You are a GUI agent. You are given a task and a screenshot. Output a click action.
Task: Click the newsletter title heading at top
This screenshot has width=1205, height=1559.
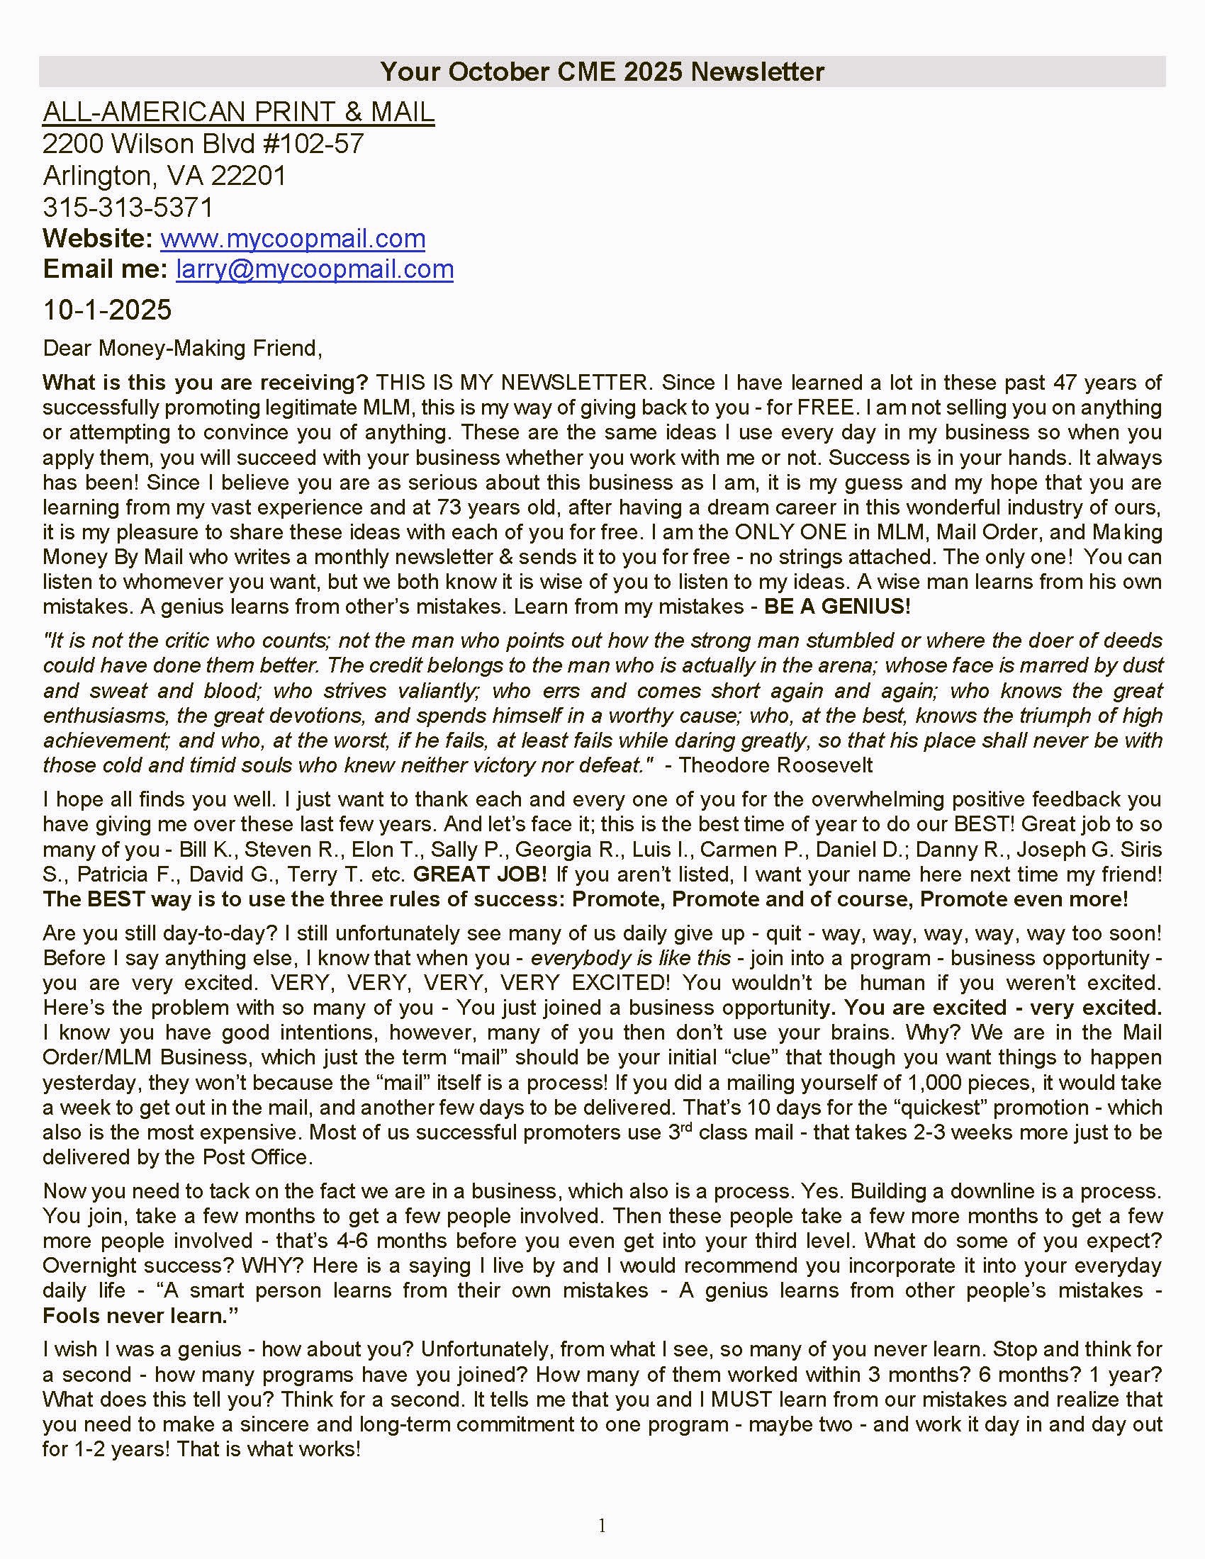coord(602,72)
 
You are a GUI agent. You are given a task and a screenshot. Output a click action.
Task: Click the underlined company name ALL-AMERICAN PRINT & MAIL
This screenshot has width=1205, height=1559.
coord(238,112)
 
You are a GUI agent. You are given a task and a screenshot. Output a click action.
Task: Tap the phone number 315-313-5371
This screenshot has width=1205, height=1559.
coord(128,207)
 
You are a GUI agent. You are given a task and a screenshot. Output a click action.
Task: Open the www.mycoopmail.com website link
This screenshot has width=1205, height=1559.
coord(293,238)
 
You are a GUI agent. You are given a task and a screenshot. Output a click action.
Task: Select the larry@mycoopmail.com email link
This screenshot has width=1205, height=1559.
coord(314,269)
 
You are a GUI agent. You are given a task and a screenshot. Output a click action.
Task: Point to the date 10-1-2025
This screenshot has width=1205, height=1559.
coord(107,310)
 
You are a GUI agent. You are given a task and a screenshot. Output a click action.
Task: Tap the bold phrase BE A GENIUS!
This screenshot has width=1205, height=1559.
coord(837,607)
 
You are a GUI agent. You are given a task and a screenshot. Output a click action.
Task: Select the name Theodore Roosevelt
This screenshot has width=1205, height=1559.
coord(775,765)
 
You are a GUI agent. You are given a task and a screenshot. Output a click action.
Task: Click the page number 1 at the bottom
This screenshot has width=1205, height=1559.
coord(602,1526)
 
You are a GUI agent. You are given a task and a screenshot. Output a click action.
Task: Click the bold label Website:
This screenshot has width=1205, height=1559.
coord(98,238)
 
